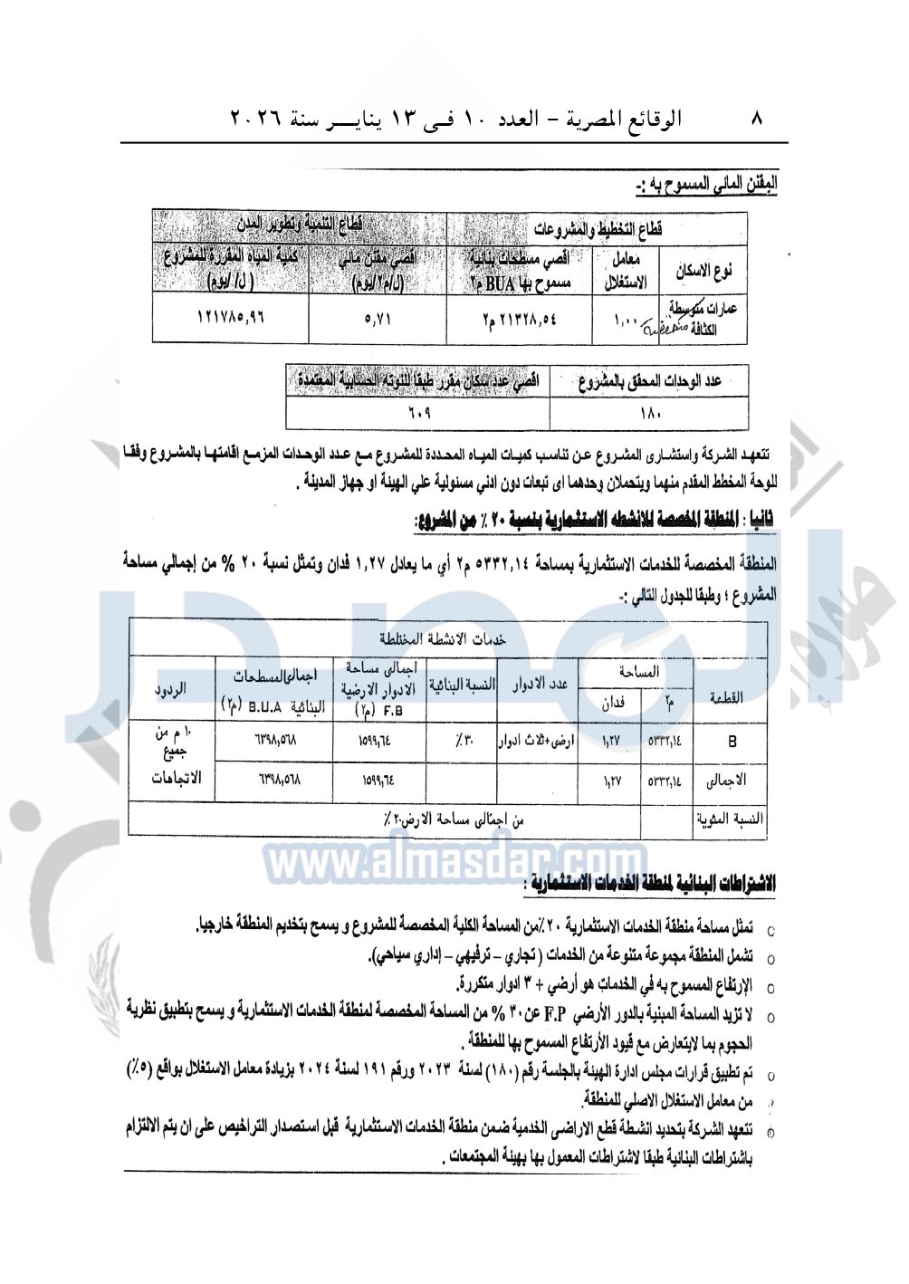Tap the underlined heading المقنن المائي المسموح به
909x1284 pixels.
(x=705, y=186)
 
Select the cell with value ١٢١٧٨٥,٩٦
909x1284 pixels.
(x=231, y=320)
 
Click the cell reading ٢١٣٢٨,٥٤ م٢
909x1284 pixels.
(x=519, y=320)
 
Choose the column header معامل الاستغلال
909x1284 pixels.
(x=626, y=271)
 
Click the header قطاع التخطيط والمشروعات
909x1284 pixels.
(x=598, y=228)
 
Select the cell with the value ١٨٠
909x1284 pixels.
(x=649, y=413)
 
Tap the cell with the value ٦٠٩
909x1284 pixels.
(x=417, y=413)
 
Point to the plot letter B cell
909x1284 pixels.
(x=732, y=742)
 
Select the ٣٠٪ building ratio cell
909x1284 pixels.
(x=462, y=742)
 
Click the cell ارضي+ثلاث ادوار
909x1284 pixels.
(x=537, y=742)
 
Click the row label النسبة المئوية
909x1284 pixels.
(x=730, y=819)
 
